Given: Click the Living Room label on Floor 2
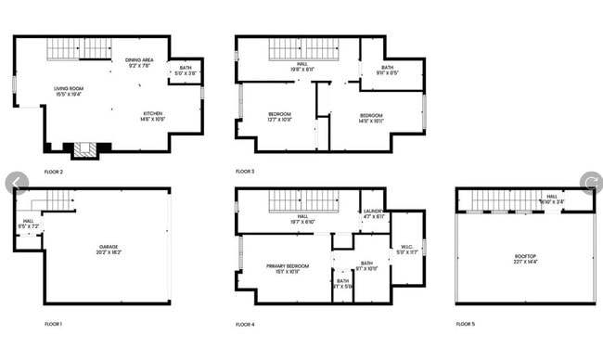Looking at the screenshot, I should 68,91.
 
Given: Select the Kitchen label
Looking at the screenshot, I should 151,116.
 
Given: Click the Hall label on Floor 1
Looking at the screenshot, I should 28,223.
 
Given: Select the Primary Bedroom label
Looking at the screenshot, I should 285,268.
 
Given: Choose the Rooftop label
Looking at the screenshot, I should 525,258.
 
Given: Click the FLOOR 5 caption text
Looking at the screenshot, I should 465,325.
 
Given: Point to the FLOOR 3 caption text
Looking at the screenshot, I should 245,172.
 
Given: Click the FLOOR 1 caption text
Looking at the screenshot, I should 54,325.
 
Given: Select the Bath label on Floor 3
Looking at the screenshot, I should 387,69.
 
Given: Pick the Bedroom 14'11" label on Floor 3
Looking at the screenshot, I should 370,118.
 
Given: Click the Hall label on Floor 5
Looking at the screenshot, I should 552,199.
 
